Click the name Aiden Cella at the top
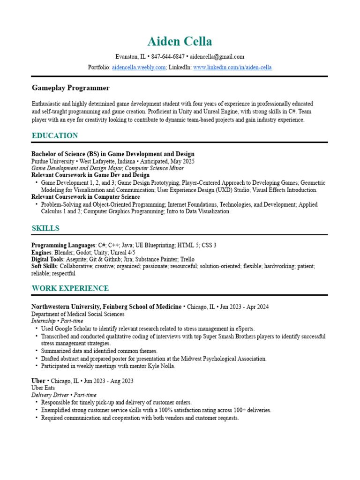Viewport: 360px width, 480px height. click(180, 41)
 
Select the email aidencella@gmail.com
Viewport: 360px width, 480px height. click(217, 57)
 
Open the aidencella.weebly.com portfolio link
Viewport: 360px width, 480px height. click(139, 67)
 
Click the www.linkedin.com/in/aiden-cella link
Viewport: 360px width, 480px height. click(232, 67)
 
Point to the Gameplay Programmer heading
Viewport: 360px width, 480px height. click(70, 88)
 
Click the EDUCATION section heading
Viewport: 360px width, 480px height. click(55, 136)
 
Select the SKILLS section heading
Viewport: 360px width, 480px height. click(45, 228)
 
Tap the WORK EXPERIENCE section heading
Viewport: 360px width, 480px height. click(70, 288)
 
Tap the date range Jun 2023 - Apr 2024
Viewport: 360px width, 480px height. click(244, 307)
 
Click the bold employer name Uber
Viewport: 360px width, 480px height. click(38, 381)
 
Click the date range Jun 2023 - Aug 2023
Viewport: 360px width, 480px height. click(108, 381)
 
